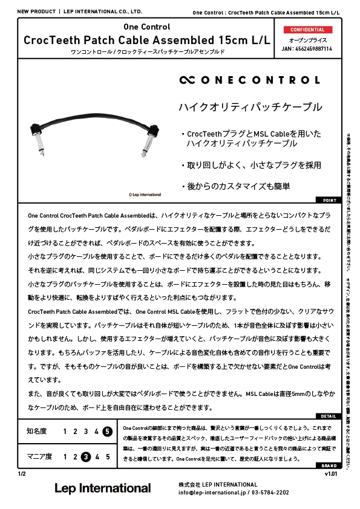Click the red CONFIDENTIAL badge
[x=307, y=30]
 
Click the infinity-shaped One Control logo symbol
[x=188, y=80]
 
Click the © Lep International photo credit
[x=145, y=195]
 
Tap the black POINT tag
[x=329, y=200]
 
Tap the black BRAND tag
[x=329, y=466]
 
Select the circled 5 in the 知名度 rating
[x=107, y=431]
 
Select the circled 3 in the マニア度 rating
[x=87, y=456]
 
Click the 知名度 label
[x=36, y=431]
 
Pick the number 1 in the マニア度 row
[x=65, y=456]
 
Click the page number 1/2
[x=22, y=474]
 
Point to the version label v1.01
[x=332, y=474]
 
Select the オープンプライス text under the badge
[x=307, y=40]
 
